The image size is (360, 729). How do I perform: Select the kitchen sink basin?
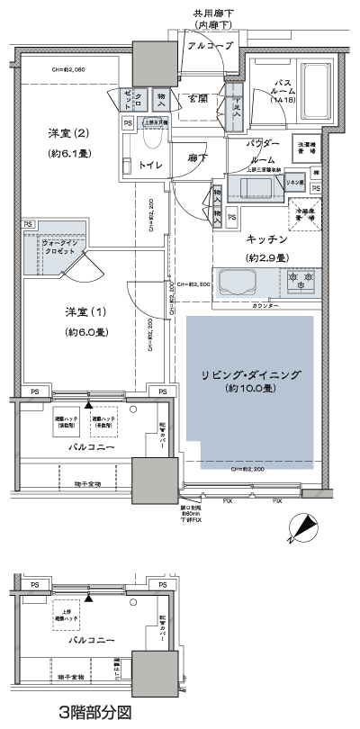[238, 283]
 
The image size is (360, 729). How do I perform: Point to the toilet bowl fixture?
[151, 135]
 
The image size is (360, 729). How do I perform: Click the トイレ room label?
[149, 165]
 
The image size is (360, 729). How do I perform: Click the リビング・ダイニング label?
[250, 373]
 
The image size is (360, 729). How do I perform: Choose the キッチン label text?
[267, 239]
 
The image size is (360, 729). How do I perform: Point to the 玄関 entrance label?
[199, 97]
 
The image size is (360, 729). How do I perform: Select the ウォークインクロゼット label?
[53, 247]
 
